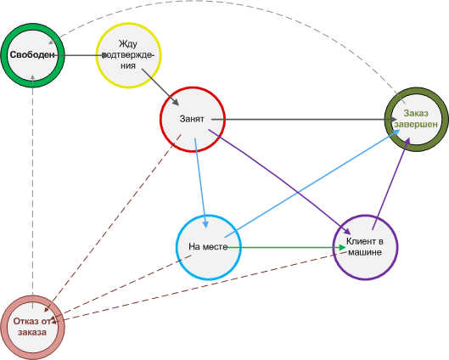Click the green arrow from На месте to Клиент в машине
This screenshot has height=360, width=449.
coord(286,247)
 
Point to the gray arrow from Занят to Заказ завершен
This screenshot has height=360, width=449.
coord(304,119)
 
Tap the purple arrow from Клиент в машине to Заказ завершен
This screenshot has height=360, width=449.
coord(391,183)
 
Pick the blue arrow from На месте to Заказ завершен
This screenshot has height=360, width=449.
coord(312,183)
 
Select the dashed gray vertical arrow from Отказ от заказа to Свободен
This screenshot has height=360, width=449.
coord(33,191)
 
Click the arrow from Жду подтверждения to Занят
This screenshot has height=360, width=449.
coord(160,87)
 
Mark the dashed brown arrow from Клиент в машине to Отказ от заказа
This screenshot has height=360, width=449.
coord(200,287)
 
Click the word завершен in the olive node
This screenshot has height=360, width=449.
coord(416,125)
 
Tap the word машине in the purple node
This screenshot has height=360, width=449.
coord(365,252)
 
